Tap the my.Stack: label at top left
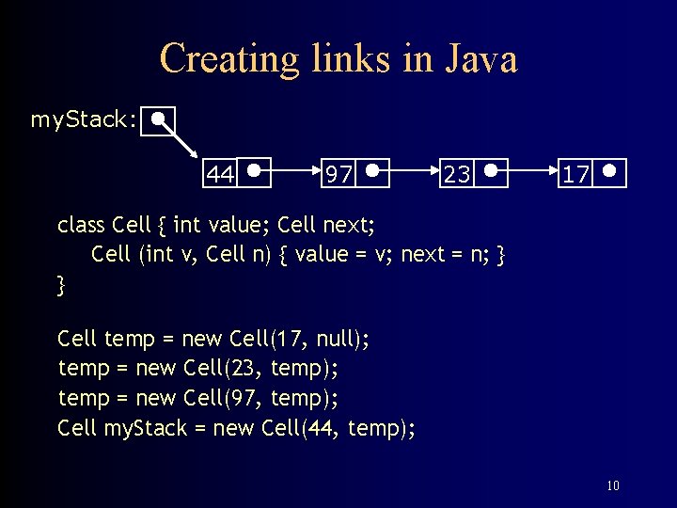point(83,119)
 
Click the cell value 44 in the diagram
point(220,175)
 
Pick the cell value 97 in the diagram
point(338,175)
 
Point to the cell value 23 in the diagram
point(457,175)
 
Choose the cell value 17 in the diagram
point(575,175)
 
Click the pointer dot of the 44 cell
point(255,172)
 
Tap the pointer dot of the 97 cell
point(373,172)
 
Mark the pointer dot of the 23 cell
point(492,172)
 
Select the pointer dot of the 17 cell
point(610,172)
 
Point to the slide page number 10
point(612,486)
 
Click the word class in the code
point(81,226)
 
